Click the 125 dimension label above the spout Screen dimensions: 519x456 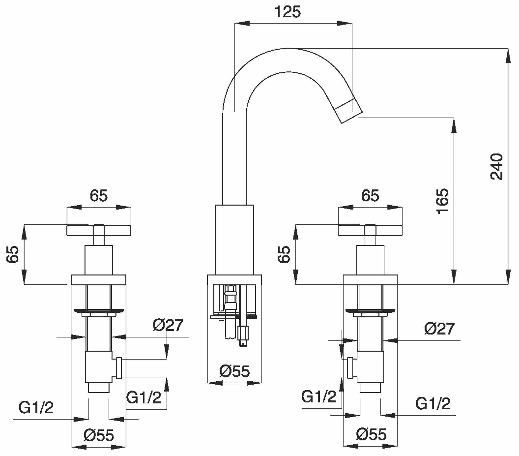(x=288, y=12)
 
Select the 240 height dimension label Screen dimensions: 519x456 (x=496, y=166)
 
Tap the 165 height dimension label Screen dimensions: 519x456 (x=442, y=201)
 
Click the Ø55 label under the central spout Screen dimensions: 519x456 (x=234, y=371)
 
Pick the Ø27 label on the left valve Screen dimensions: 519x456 (x=168, y=325)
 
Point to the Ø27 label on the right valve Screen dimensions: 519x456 (x=439, y=329)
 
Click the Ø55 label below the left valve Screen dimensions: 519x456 (x=99, y=435)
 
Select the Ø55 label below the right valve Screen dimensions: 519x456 (x=372, y=434)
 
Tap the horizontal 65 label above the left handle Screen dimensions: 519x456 (x=99, y=195)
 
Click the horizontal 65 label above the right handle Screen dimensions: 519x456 (x=370, y=195)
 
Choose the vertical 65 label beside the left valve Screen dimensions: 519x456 (x=13, y=254)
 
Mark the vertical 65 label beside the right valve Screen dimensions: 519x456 (x=284, y=254)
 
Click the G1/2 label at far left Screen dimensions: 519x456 (x=36, y=407)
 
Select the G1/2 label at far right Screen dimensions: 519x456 (x=433, y=404)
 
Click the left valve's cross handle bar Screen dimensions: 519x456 (x=99, y=230)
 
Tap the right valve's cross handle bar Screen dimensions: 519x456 (x=370, y=230)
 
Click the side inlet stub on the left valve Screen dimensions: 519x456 (x=119, y=368)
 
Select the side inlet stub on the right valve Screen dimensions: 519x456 (x=350, y=368)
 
